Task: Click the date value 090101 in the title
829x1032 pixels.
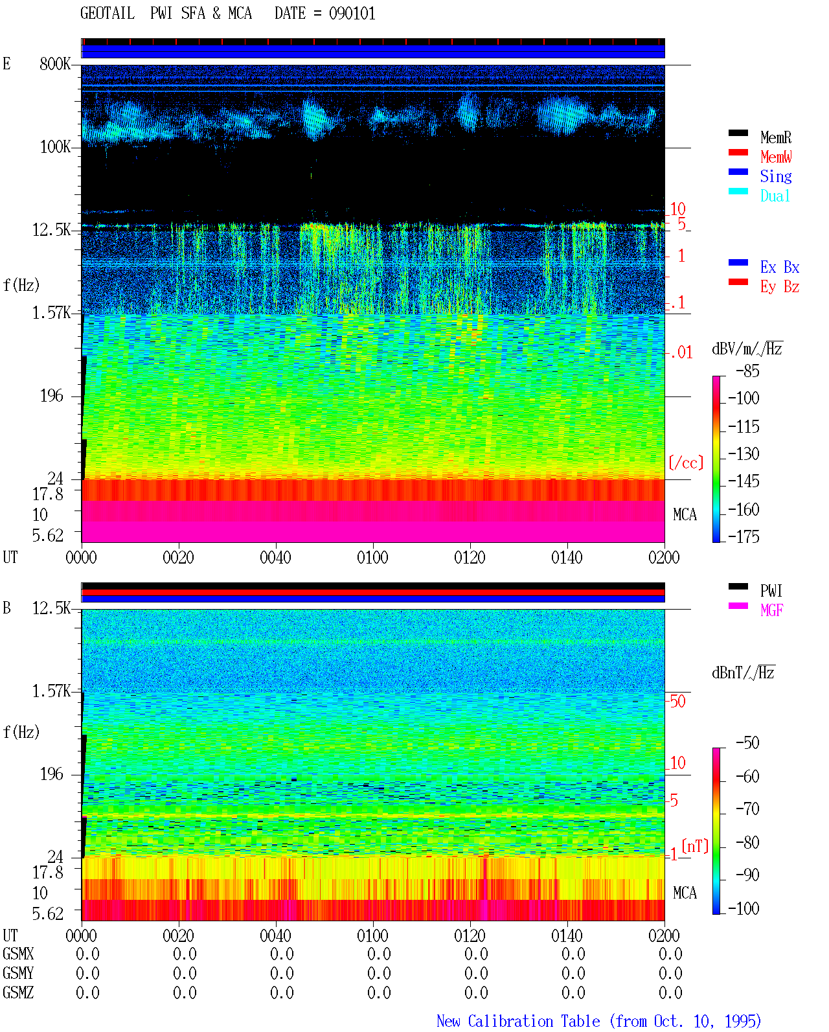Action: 352,14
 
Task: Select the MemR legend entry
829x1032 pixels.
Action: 775,137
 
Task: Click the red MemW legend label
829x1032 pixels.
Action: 775,157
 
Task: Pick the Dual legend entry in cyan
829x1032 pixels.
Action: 775,196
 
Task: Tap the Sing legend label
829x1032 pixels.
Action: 775,176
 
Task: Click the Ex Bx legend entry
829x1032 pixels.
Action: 779,267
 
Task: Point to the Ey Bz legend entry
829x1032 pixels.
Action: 779,287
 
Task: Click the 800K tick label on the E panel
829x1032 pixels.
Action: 55,63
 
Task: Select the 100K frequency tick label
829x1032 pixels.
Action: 55,147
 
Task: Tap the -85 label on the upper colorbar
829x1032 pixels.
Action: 747,371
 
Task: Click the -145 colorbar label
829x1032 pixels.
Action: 744,481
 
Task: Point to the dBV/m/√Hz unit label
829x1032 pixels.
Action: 747,349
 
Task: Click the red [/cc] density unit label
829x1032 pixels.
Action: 686,463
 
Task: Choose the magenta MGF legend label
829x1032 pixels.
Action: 771,610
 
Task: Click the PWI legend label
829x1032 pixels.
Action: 771,591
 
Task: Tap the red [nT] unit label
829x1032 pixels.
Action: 695,846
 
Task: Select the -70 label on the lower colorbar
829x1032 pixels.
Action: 747,809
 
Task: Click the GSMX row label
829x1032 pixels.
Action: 18,954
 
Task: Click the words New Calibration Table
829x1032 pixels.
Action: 518,1022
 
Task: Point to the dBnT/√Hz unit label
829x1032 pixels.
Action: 743,673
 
